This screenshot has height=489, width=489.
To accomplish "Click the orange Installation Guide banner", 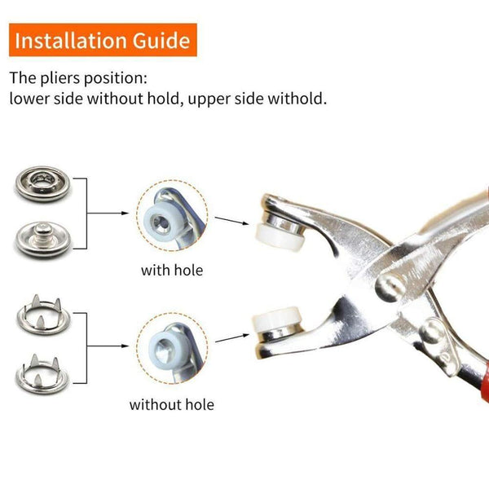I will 102,39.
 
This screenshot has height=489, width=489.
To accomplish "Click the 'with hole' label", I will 172,270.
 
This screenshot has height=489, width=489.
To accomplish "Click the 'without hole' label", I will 172,403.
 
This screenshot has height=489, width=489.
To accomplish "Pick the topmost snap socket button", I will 38,187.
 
